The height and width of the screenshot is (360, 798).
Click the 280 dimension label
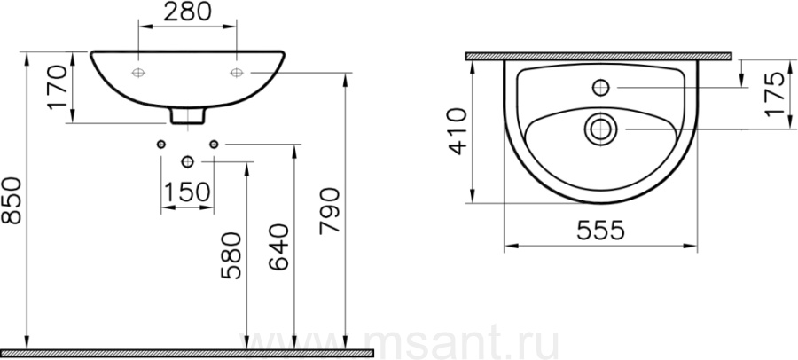point(187,12)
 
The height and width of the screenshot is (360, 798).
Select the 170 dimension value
point(58,87)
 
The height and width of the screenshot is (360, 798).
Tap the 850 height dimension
point(12,200)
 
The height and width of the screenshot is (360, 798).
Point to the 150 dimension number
point(187,192)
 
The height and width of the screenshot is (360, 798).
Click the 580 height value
point(231,255)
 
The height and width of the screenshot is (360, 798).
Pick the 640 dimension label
point(278,247)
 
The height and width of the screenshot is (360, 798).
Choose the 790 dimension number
point(329,211)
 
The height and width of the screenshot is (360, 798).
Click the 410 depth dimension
point(457,131)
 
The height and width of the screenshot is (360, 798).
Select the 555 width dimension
point(600,231)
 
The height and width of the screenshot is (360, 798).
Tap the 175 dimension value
point(776,94)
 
